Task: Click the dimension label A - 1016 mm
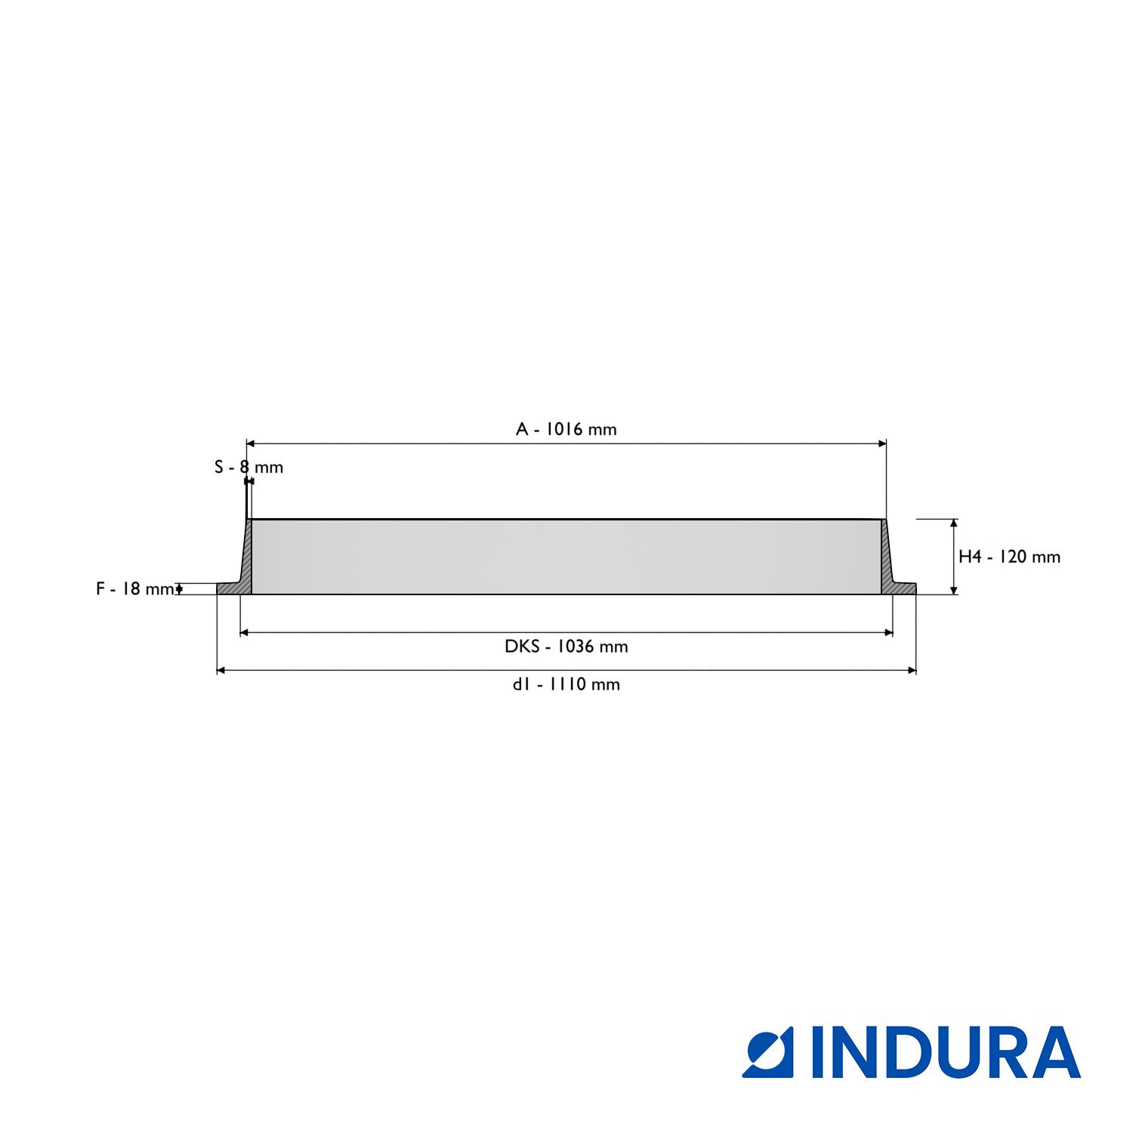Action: (566, 429)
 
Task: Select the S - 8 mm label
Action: (249, 467)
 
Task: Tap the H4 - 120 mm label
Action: (1009, 557)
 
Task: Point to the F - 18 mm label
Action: (135, 588)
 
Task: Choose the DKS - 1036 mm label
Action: (566, 647)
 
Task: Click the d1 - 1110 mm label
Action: (566, 684)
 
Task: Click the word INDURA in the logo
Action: (946, 1051)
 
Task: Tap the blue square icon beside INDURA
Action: (768, 1052)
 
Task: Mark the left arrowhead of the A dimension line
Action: (252, 443)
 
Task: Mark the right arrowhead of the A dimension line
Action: (881, 443)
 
